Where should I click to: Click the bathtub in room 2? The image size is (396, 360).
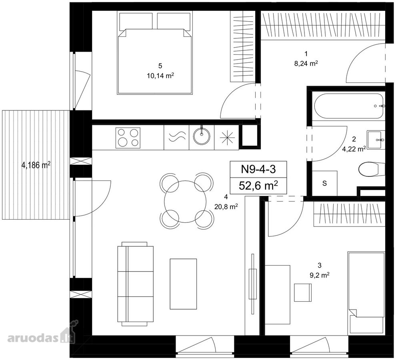tap(350, 106)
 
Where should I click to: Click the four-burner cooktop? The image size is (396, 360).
tap(128, 138)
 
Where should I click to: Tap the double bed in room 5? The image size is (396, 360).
tap(154, 53)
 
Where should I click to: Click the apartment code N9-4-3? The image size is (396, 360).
tap(258, 169)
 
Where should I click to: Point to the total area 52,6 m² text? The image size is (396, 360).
tap(258, 186)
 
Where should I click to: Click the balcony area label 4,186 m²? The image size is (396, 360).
tap(36, 166)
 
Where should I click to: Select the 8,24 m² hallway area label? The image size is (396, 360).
tap(306, 64)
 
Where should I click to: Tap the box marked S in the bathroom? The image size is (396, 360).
tap(324, 183)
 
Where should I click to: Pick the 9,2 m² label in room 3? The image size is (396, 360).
tap(320, 275)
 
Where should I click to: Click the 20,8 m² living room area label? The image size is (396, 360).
tap(226, 207)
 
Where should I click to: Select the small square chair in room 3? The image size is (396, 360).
tap(303, 292)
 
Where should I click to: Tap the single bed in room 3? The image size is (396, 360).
tap(366, 293)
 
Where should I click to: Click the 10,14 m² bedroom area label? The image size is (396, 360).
tap(161, 76)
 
